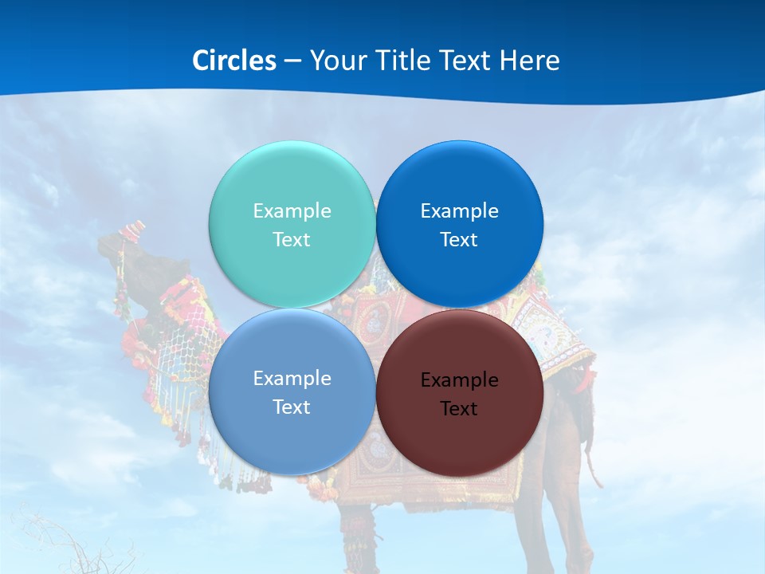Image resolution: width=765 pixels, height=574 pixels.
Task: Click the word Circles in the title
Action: point(233,61)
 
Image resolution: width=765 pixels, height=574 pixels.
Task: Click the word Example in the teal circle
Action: point(292,211)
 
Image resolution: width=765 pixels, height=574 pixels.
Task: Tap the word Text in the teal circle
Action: point(292,240)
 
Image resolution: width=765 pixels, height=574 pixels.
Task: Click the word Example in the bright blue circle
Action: point(459,211)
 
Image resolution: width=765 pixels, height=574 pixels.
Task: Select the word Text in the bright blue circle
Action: point(459,240)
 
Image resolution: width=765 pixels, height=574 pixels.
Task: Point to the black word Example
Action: point(459,380)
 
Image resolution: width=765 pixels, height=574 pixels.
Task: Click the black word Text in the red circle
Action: point(459,409)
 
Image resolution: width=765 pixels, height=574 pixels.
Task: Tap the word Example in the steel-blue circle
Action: point(292,379)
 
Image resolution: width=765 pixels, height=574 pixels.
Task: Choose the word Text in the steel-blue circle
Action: point(292,407)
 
